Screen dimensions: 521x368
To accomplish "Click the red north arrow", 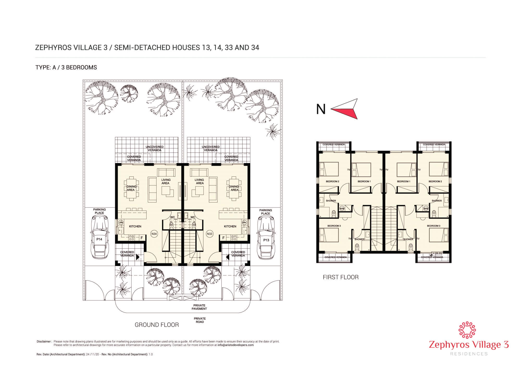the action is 345,109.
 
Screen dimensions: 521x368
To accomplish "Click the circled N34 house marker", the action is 154,234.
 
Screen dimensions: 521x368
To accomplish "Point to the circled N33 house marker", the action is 209,234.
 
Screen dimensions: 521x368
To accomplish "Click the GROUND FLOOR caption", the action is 157,325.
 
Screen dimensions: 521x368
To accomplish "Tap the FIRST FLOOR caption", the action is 341,277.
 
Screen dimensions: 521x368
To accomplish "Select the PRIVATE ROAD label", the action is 200,320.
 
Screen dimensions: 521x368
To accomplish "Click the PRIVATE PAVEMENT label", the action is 199,307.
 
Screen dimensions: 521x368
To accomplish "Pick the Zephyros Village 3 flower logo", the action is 468,331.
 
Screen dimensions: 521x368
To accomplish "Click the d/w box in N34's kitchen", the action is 121,223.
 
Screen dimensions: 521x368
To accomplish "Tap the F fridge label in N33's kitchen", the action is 223,238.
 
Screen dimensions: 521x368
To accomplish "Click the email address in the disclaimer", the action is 235,345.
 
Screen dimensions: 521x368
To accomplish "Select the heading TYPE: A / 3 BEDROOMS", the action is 66,68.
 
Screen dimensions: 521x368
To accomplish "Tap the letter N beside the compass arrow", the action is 321,109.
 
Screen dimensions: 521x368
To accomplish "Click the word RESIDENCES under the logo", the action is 469,354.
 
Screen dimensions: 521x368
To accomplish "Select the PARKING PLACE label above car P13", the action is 265,212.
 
